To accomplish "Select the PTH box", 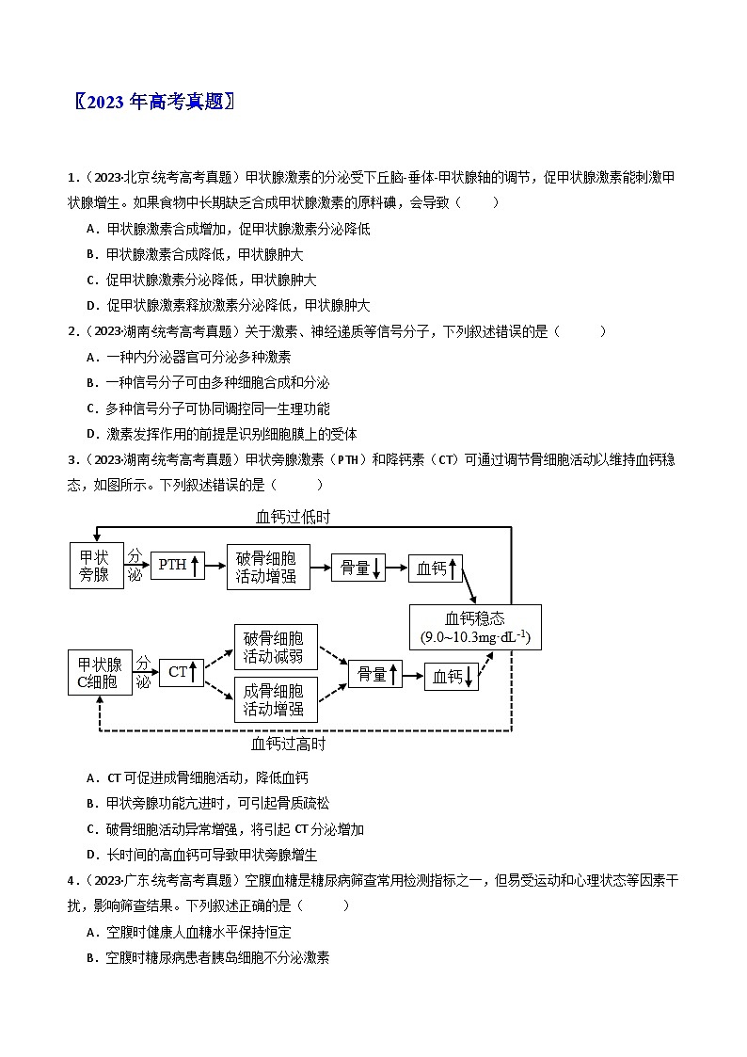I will point(178,565).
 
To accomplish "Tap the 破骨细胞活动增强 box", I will point(268,566).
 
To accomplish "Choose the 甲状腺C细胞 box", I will point(99,673).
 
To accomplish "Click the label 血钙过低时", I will point(293,517).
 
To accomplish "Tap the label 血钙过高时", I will point(289,744).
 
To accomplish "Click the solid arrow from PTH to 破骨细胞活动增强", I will point(215,566).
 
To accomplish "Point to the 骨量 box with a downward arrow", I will point(358,567).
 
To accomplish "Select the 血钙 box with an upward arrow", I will point(436,568).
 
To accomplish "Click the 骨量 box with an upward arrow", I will point(375,674).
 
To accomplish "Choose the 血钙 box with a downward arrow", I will point(452,677).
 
